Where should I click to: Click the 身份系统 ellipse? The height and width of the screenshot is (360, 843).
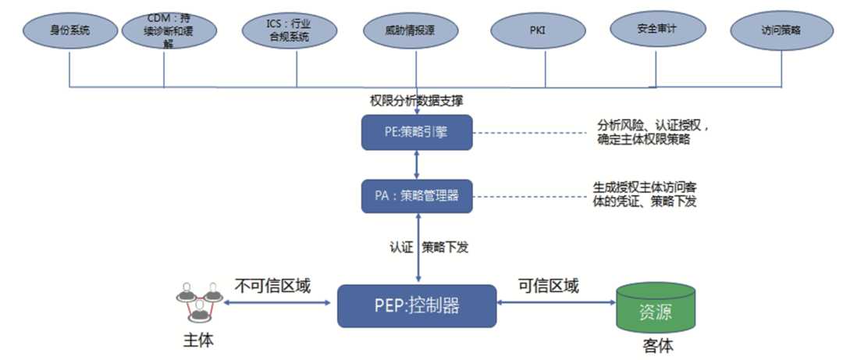pyautogui.click(x=69, y=32)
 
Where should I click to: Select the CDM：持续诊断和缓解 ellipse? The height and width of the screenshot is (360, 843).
pyautogui.click(x=164, y=32)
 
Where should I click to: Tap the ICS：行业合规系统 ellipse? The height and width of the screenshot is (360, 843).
pyautogui.click(x=296, y=32)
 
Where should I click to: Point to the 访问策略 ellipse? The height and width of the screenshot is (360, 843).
pyautogui.click(x=781, y=32)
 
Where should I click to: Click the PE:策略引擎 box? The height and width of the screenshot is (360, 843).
pyautogui.click(x=417, y=132)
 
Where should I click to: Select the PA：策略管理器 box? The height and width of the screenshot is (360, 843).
pyautogui.click(x=417, y=196)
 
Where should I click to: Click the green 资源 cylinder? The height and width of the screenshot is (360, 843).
pyautogui.click(x=656, y=311)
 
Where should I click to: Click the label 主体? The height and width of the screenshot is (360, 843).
pyautogui.click(x=197, y=341)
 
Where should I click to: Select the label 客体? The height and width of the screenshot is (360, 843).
pyautogui.click(x=656, y=346)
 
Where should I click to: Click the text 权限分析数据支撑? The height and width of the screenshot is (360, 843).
pyautogui.click(x=416, y=101)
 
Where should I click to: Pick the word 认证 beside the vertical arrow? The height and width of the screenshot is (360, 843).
pyautogui.click(x=400, y=247)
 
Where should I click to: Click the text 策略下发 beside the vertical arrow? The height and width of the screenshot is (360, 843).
pyautogui.click(x=446, y=247)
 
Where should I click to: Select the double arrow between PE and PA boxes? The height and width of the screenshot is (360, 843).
pyautogui.click(x=418, y=164)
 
